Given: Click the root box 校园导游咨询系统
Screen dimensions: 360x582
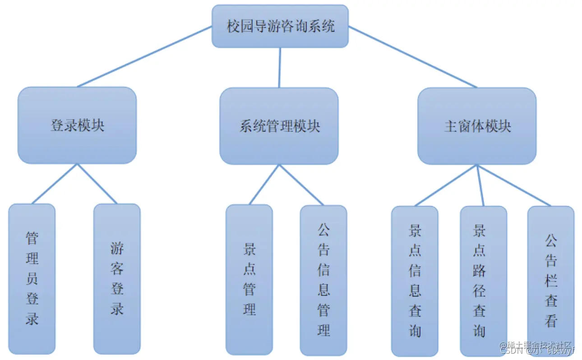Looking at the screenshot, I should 280,26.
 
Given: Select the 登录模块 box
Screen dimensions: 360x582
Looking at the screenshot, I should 77,125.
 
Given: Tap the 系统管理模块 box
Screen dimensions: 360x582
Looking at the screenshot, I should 279,126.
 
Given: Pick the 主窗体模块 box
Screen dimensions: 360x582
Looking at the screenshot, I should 477,126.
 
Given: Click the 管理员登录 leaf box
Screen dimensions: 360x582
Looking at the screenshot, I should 32,278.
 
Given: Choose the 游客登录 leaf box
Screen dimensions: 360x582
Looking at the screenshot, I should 117,278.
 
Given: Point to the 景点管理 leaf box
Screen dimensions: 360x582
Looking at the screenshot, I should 249,279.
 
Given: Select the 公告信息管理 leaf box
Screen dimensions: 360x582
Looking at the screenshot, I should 323,280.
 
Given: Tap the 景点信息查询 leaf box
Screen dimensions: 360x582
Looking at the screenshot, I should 415,281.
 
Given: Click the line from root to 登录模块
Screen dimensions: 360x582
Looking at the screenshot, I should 144,56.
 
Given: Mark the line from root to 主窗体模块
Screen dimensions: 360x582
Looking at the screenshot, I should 412,57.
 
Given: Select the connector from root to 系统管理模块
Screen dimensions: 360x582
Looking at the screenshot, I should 280,67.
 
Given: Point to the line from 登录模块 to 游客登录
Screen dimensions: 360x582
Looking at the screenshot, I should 97,184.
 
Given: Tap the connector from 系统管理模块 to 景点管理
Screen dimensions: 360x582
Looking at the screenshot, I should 264,185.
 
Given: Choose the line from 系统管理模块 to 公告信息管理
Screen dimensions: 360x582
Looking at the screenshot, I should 301,185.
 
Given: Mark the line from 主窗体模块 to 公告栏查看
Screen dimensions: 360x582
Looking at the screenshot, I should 514,185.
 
